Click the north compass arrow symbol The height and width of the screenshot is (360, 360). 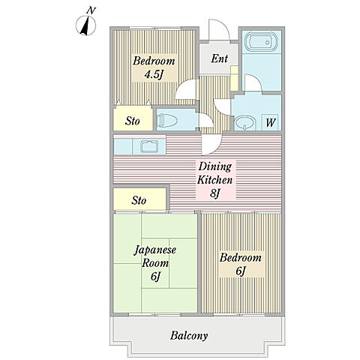(85, 25)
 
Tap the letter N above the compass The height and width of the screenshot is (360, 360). (91, 10)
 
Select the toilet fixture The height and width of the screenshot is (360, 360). (169, 120)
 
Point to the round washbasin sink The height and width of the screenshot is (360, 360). (245, 123)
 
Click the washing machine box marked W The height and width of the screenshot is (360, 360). (270, 122)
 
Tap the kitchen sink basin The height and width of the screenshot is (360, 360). (149, 146)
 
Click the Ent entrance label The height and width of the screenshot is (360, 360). (219, 58)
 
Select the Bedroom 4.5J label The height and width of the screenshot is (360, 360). (154, 67)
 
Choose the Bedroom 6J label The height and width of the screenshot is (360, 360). (241, 264)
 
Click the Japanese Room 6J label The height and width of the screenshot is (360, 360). (155, 263)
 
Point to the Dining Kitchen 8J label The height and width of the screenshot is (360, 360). (215, 180)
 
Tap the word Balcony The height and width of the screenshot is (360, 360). (189, 335)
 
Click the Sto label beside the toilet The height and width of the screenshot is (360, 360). (133, 121)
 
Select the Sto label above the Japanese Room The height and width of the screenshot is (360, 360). (139, 200)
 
